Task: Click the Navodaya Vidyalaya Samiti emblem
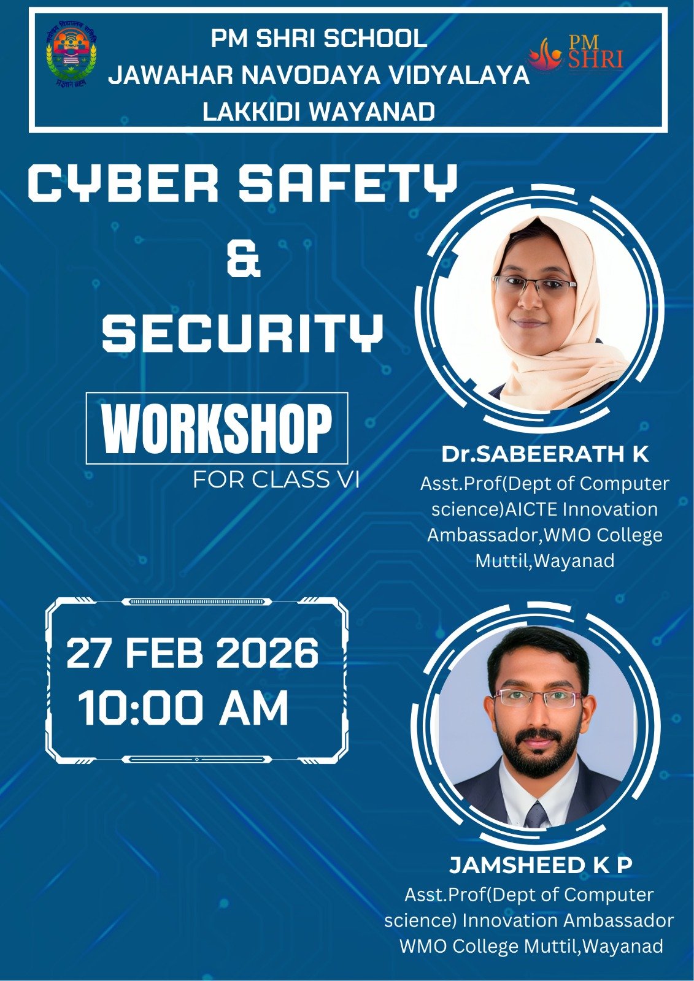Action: pos(71,55)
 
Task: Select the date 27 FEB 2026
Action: pos(192,654)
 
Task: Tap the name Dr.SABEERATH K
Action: pos(544,454)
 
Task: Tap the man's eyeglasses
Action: pos(538,698)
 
